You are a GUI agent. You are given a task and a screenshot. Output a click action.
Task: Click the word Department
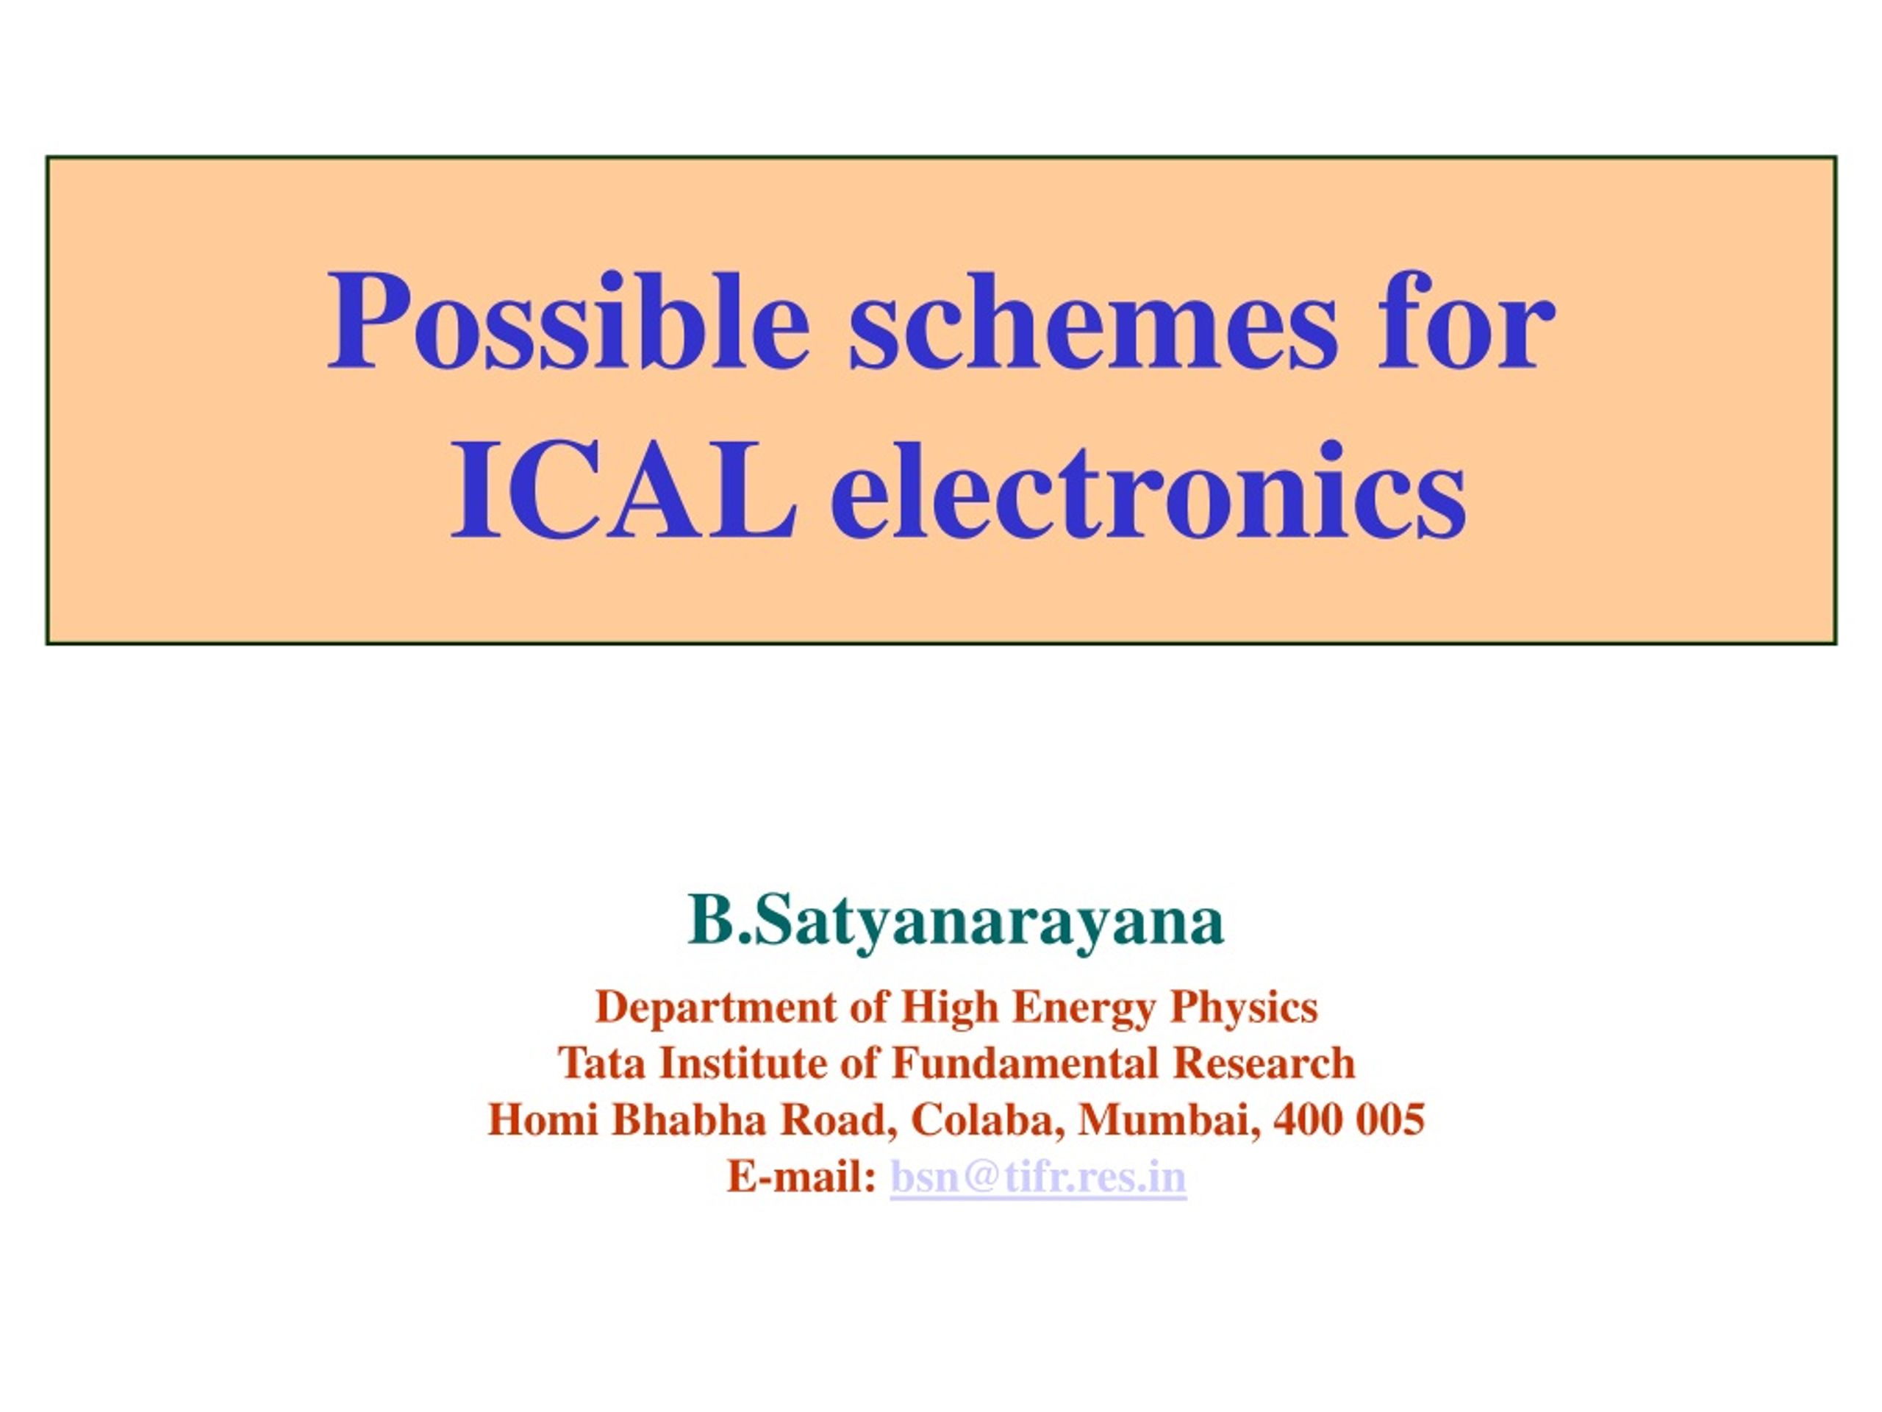click(715, 1008)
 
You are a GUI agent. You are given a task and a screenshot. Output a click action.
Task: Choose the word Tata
click(601, 1063)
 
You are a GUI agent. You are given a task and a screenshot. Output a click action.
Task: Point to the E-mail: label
click(801, 1176)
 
